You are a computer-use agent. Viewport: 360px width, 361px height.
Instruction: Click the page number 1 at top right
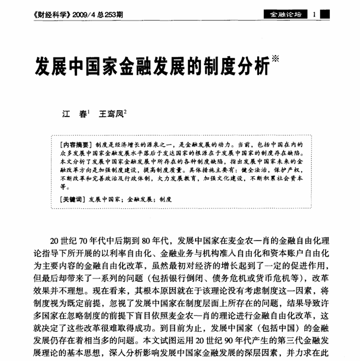[x=315, y=14]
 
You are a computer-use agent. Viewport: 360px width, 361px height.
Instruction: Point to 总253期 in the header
[x=111, y=15]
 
